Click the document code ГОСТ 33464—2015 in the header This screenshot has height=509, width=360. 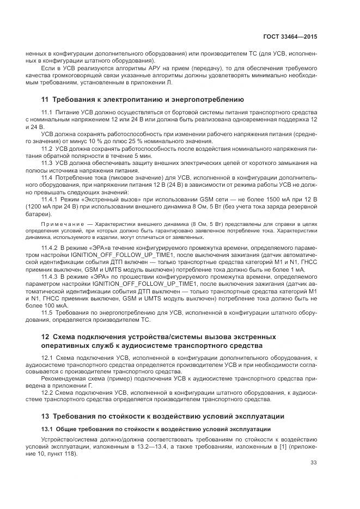coord(290,36)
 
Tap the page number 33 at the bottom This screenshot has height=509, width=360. coord(313,463)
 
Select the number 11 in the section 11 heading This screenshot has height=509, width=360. coord(45,100)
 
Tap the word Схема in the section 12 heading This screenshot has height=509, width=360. coord(66,336)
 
